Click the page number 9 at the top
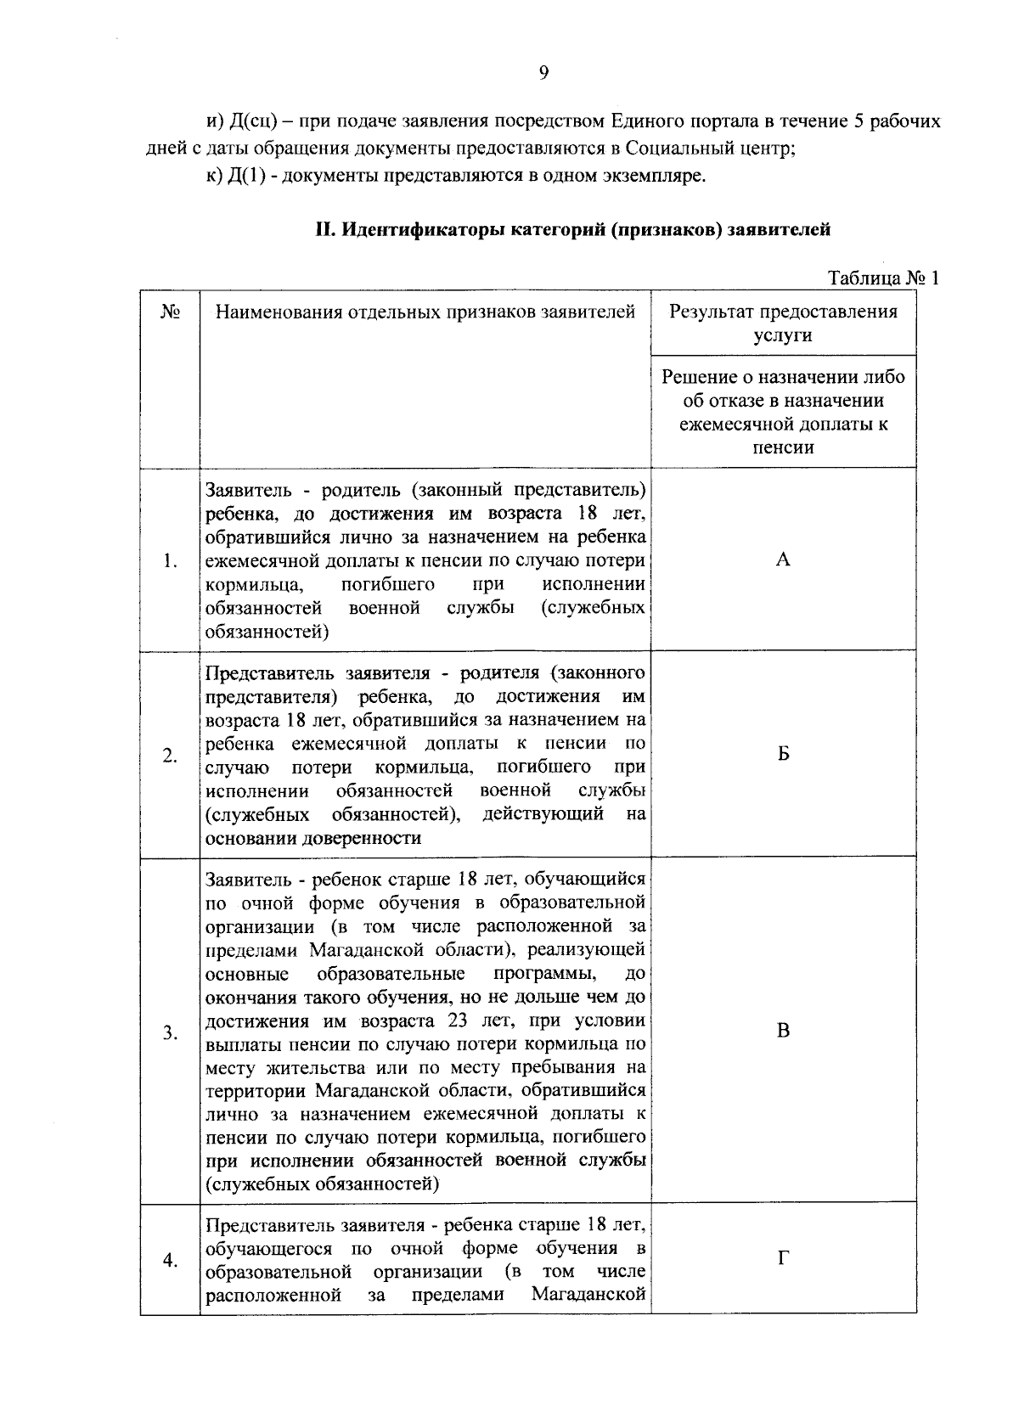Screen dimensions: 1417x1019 tap(543, 73)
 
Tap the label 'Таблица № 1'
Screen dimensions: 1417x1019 tap(882, 278)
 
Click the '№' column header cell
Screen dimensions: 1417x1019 tap(170, 312)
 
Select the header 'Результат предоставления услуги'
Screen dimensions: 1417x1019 tap(783, 323)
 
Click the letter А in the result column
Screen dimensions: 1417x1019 tap(783, 559)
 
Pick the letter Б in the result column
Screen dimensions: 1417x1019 tap(783, 754)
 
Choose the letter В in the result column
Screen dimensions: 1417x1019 tap(783, 1031)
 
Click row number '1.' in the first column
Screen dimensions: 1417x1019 tap(171, 561)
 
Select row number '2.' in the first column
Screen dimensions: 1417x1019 tap(171, 756)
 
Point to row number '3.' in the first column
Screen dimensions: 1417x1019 tap(171, 1032)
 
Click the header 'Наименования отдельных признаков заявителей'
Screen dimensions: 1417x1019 tap(425, 312)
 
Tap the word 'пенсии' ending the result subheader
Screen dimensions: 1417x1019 tap(783, 447)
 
